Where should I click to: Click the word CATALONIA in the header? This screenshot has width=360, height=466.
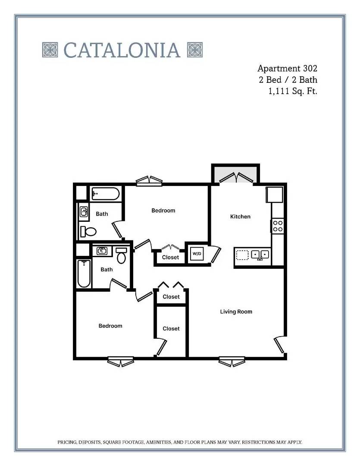click(x=122, y=50)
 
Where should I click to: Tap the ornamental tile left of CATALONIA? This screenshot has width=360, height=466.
click(x=50, y=50)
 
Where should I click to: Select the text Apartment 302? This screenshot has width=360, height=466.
click(x=287, y=68)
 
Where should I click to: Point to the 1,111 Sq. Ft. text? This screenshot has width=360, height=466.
click(x=293, y=91)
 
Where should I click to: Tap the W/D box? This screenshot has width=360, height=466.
click(x=197, y=254)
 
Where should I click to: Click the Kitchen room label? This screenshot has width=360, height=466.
click(x=240, y=217)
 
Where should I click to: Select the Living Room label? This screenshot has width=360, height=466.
click(x=236, y=312)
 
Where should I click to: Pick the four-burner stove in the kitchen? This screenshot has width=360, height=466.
click(x=278, y=226)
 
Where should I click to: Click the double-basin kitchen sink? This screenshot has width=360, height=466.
click(x=260, y=255)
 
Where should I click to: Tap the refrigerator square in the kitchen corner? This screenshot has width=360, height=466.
click(x=275, y=195)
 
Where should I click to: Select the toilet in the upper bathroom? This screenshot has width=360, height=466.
click(x=89, y=232)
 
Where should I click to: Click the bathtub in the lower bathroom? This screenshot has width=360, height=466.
click(x=84, y=274)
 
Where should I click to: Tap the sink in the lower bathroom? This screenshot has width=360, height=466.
click(x=102, y=251)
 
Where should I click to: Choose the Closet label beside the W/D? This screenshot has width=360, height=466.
click(x=170, y=258)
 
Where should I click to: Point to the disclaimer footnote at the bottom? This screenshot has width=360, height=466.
click(x=180, y=442)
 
